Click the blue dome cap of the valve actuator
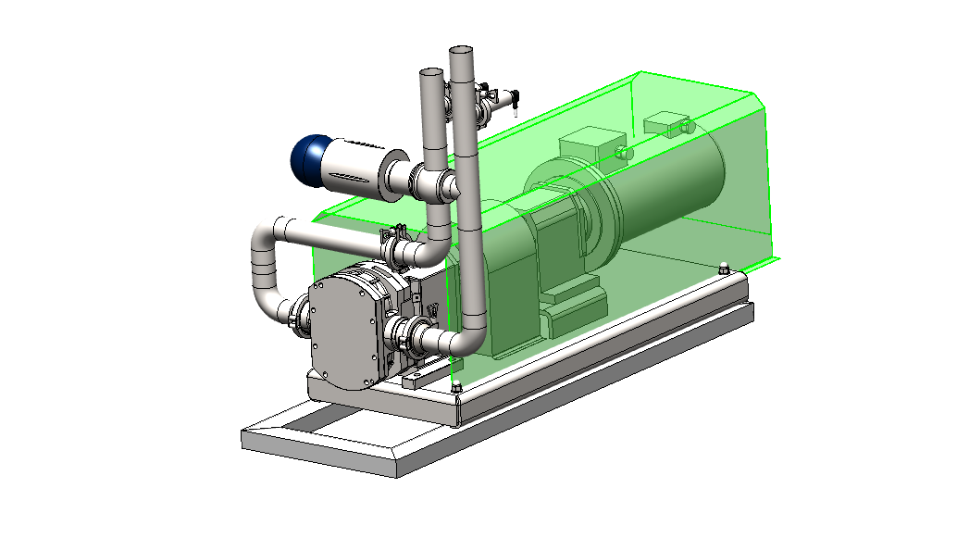click(307, 158)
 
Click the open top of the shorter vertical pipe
click(431, 72)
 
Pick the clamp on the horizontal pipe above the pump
click(397, 245)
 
